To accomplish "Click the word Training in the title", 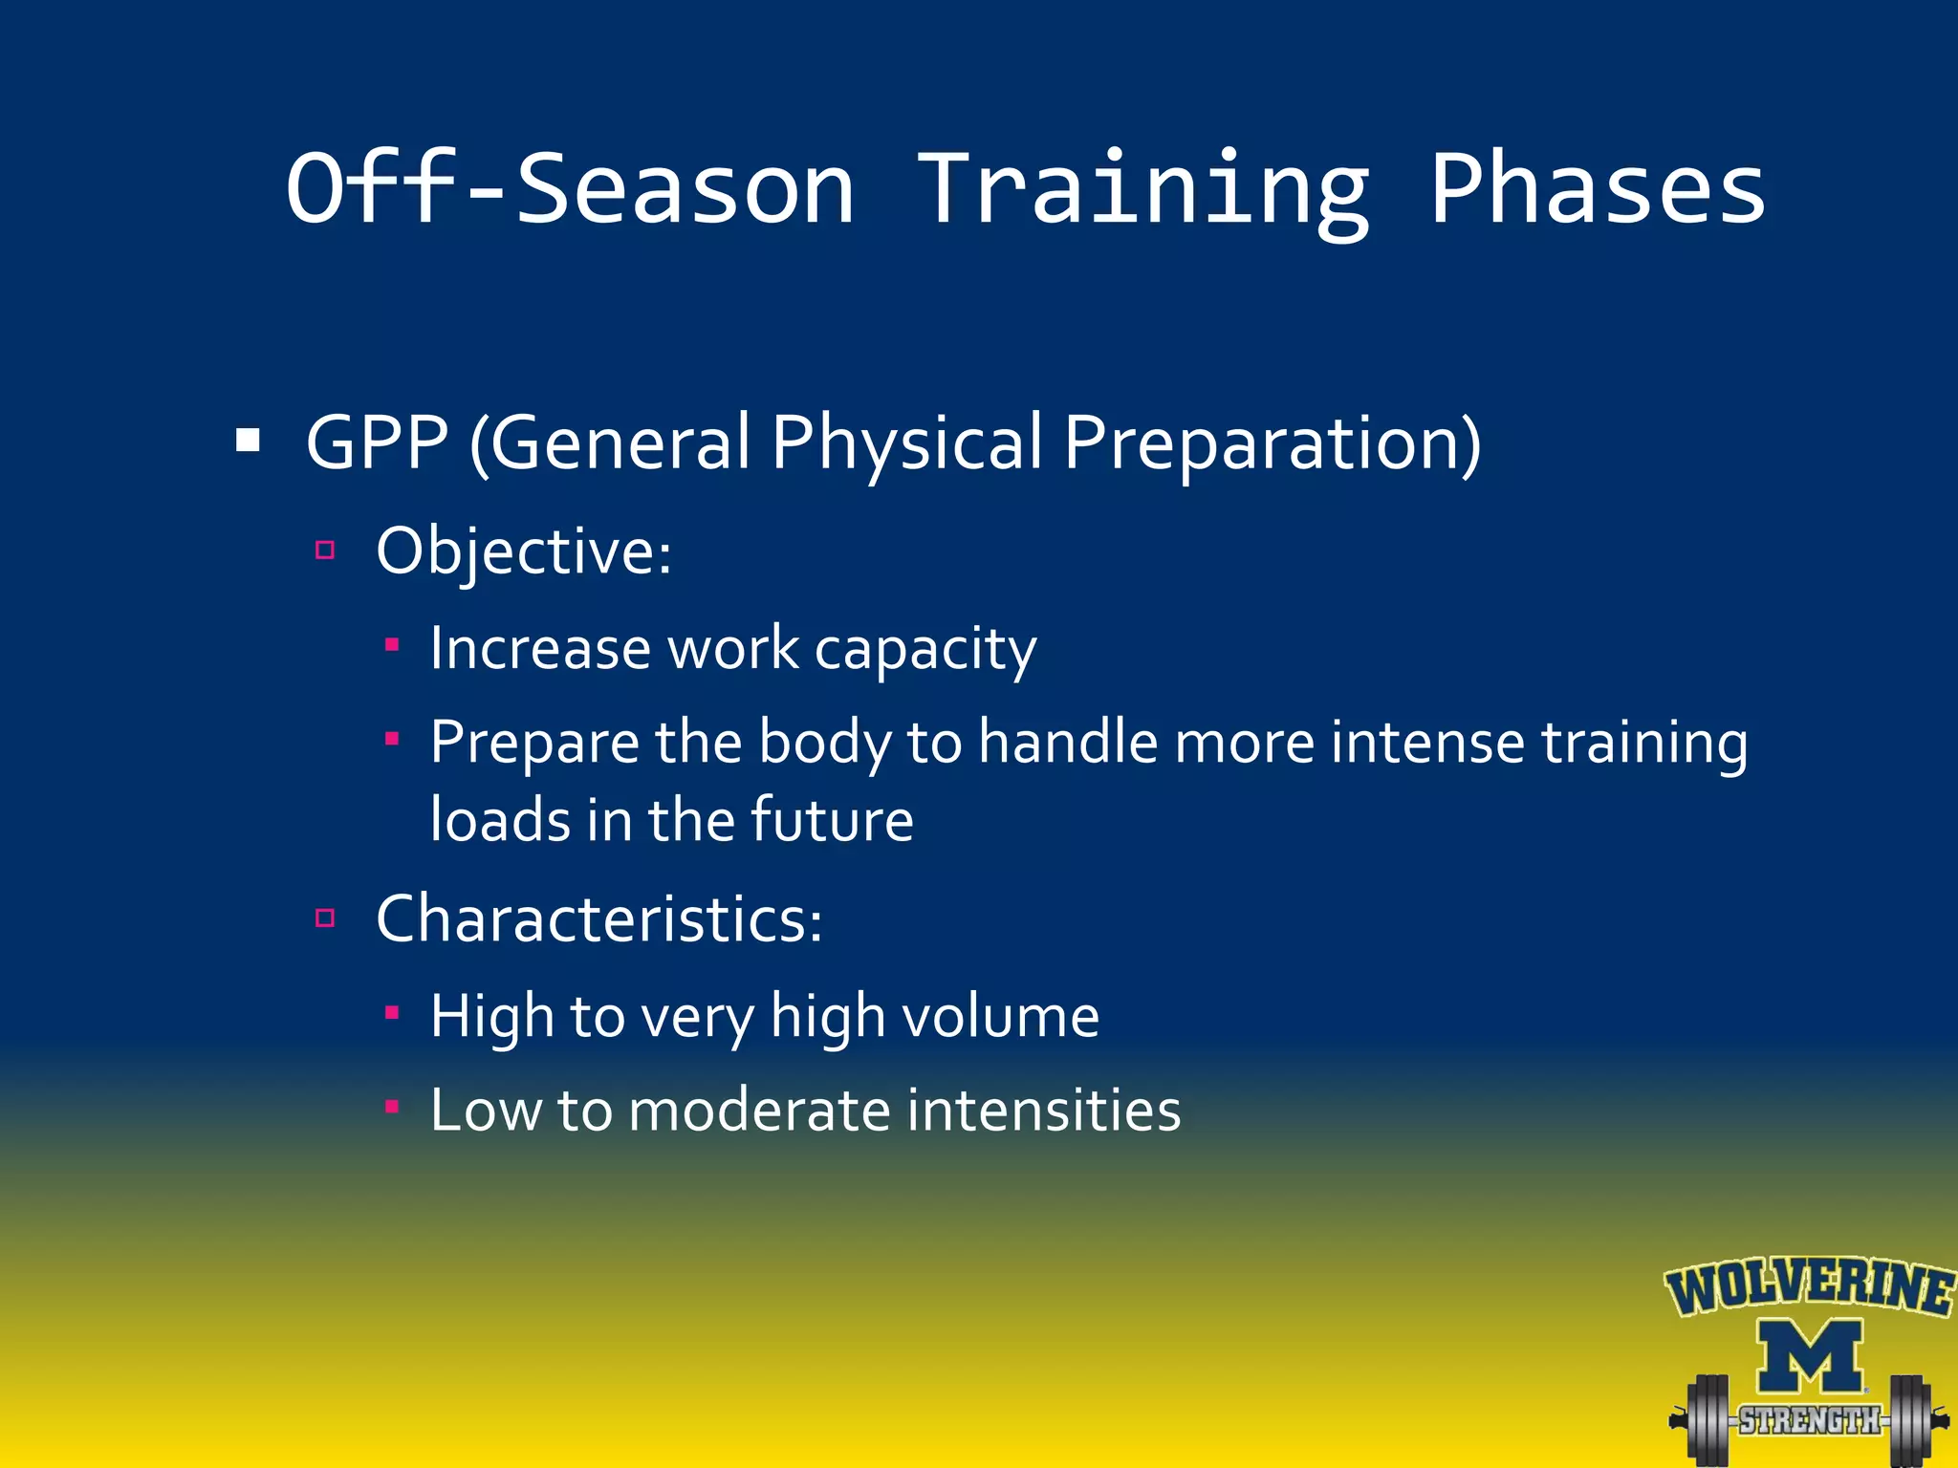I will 1143,191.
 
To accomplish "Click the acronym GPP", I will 377,443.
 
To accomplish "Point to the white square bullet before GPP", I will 249,441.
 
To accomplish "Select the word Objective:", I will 524,551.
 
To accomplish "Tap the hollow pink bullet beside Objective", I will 325,550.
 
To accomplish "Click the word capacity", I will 925,650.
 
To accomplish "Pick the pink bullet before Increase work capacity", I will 391,645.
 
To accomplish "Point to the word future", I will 832,820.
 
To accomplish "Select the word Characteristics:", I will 598,919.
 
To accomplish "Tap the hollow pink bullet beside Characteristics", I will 325,918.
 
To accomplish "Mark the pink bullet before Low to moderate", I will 391,1107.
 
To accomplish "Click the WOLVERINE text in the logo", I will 1809,1287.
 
